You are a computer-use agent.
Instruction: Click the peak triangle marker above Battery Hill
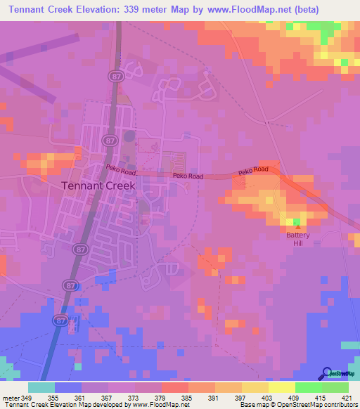point(298,226)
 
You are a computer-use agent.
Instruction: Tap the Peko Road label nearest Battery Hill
point(253,171)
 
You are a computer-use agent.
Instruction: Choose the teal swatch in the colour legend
point(41,387)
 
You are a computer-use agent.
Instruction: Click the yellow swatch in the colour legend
point(281,387)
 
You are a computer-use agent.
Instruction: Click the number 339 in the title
point(141,10)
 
